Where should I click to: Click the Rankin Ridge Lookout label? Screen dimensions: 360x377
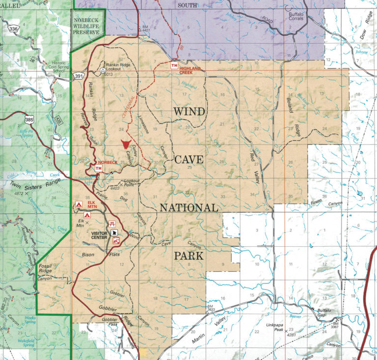tap(121, 66)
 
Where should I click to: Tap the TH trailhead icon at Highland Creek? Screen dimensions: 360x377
tap(174, 65)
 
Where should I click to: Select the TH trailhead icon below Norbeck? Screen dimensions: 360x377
tap(98, 169)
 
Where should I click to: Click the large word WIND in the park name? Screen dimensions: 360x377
tap(188, 112)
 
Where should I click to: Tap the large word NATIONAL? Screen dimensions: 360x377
tap(188, 208)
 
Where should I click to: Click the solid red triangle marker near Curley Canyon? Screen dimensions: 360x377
tap(126, 144)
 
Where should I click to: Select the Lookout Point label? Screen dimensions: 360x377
tap(132, 182)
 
